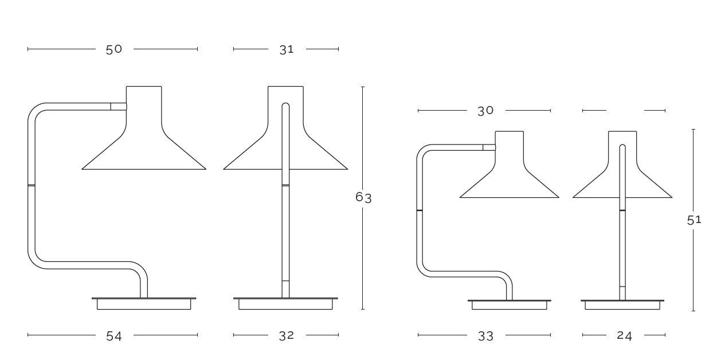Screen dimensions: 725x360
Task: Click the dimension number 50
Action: tap(114, 49)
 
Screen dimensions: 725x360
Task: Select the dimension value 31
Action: tap(287, 50)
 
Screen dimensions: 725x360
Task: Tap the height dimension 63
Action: tap(363, 197)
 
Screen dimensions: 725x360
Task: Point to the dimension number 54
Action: tap(114, 336)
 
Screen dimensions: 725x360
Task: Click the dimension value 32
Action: tap(287, 336)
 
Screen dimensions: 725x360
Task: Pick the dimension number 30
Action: tap(485, 111)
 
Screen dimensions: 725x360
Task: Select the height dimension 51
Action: tap(694, 220)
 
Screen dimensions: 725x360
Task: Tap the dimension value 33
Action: tap(485, 336)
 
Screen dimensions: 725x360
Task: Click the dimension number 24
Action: tap(624, 336)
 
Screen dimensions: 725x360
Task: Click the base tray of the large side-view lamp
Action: tap(144, 304)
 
